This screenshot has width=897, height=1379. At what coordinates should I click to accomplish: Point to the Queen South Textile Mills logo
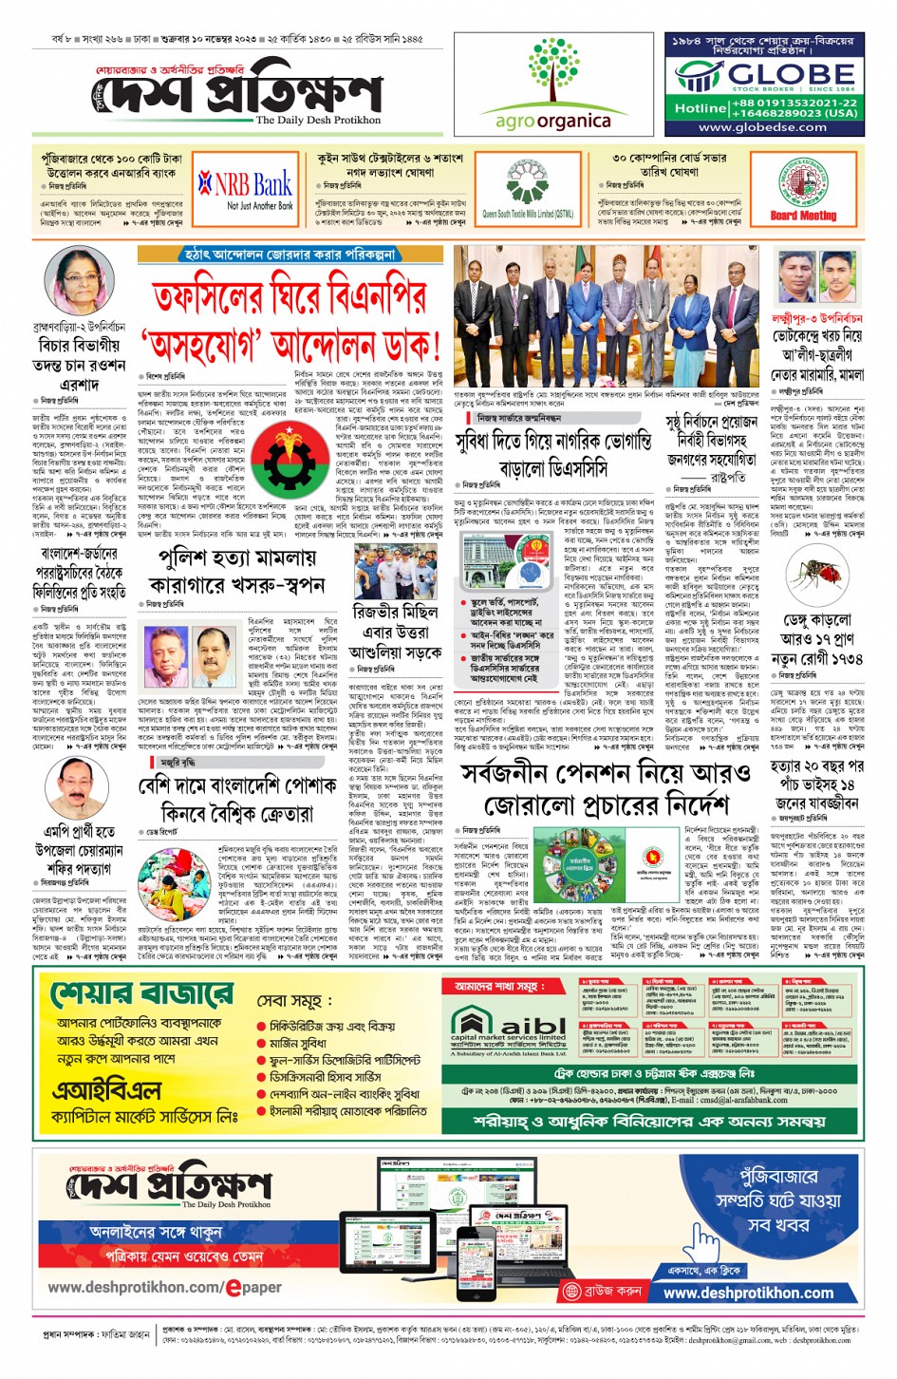pyautogui.click(x=527, y=186)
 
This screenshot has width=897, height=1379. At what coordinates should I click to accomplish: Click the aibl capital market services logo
pyautogui.click(x=507, y=1030)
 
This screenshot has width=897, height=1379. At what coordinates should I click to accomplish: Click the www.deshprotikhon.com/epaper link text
pyautogui.click(x=164, y=1287)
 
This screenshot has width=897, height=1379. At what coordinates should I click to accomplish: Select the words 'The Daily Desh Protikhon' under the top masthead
pyautogui.click(x=318, y=121)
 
